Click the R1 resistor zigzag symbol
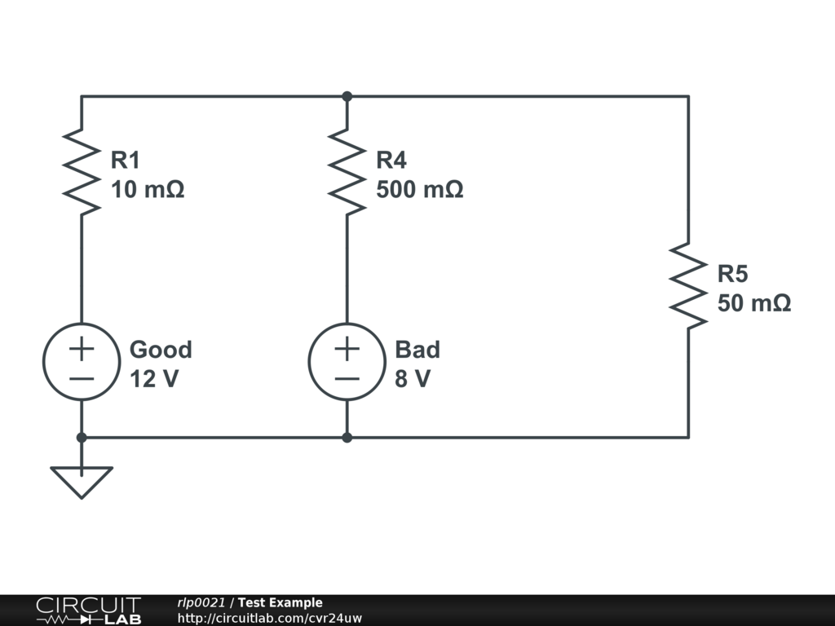pyautogui.click(x=82, y=172)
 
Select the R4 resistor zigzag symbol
pyautogui.click(x=347, y=172)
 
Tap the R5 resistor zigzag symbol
pyautogui.click(x=688, y=286)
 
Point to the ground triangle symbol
pyautogui.click(x=82, y=483)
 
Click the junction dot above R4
pyautogui.click(x=347, y=96)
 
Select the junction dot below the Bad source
pyautogui.click(x=347, y=438)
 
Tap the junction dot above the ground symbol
pyautogui.click(x=82, y=438)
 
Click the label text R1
pyautogui.click(x=125, y=160)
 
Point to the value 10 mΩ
pyautogui.click(x=148, y=189)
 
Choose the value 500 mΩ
pyautogui.click(x=420, y=189)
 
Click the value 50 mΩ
pyautogui.click(x=754, y=303)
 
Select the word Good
pyautogui.click(x=161, y=350)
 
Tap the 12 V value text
pyautogui.click(x=154, y=379)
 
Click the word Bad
pyautogui.click(x=417, y=350)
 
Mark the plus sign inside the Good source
pyautogui.click(x=82, y=349)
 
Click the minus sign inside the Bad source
pyautogui.click(x=347, y=379)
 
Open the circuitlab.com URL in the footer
pyautogui.click(x=269, y=618)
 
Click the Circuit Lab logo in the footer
pyautogui.click(x=89, y=611)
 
